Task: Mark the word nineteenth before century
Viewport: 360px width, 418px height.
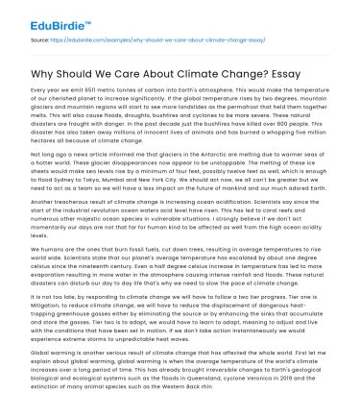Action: coord(86,290)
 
